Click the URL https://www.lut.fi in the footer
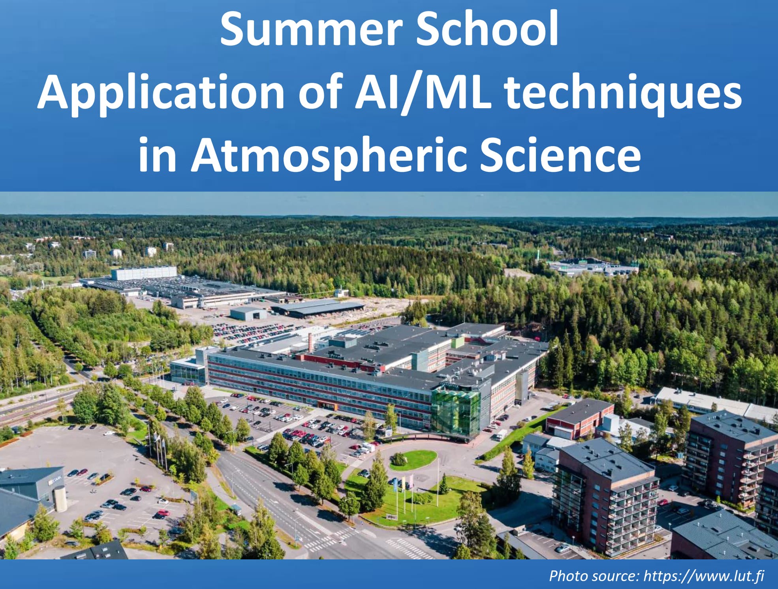[704, 576]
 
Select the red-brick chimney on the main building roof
[310, 342]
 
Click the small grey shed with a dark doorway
[248, 314]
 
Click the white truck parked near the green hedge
[500, 435]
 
